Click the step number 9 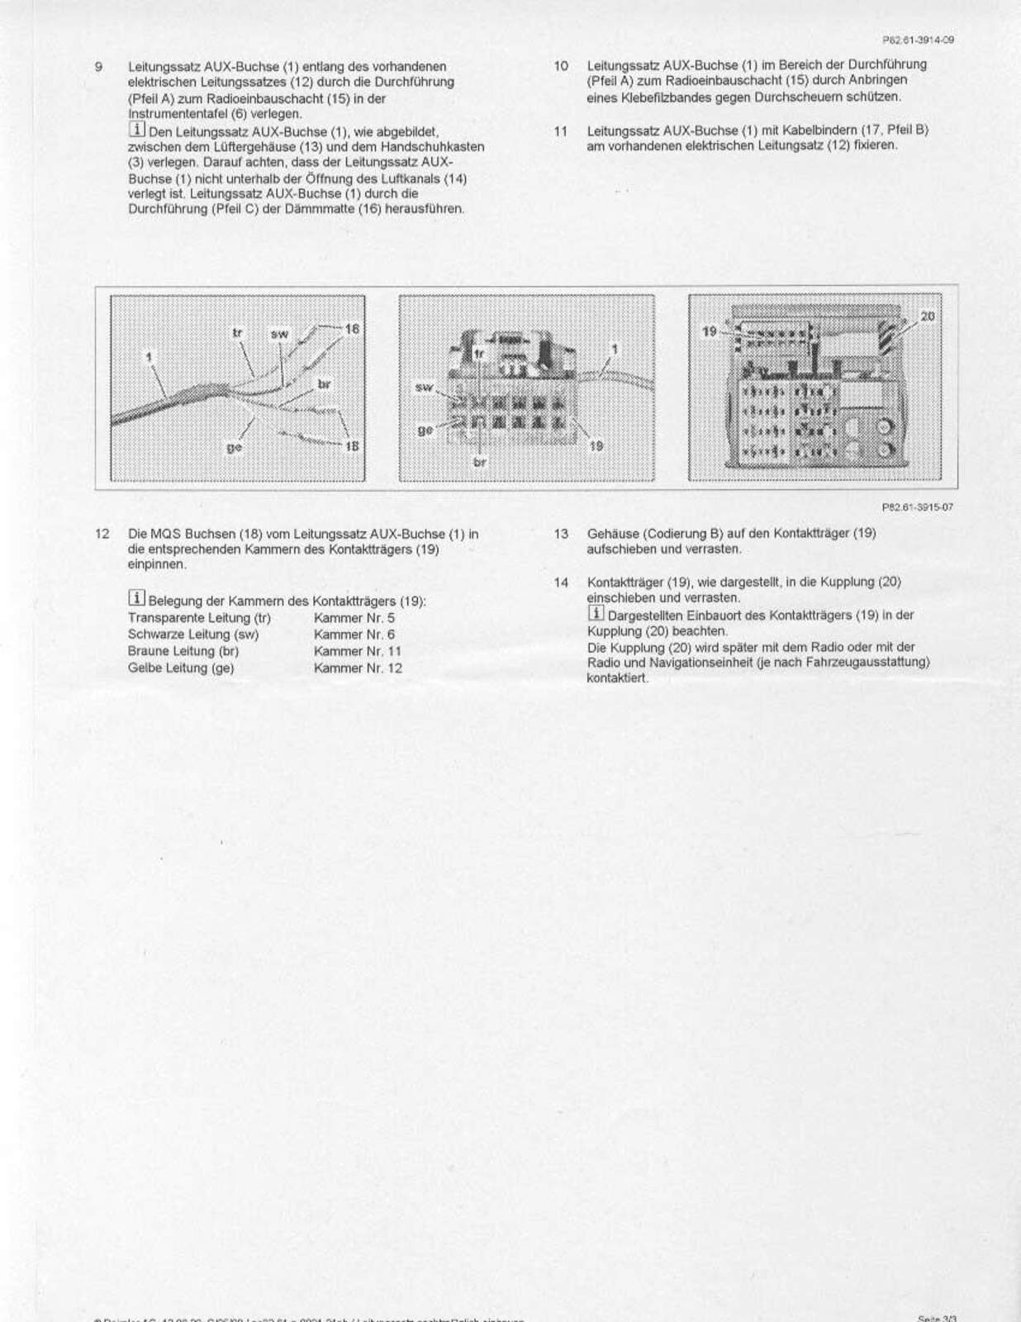pos(98,67)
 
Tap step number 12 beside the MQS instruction pos(102,534)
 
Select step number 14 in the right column pos(561,583)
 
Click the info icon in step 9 pos(136,130)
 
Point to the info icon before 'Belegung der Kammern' pos(136,598)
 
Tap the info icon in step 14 pos(595,613)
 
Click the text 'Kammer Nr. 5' pos(354,618)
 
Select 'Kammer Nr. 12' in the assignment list pos(358,668)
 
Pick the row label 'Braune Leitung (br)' pos(183,651)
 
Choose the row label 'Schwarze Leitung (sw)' pos(192,635)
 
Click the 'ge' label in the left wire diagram pos(234,447)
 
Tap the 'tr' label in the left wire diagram pos(237,333)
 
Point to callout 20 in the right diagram pos(927,316)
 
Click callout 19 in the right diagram pos(709,331)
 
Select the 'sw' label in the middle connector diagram pos(424,387)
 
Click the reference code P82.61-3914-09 pos(919,40)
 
